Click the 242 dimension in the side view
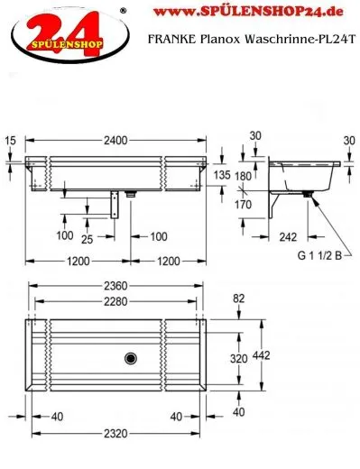[x=287, y=237]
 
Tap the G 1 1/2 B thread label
[x=319, y=255]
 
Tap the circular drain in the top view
[x=131, y=357]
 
